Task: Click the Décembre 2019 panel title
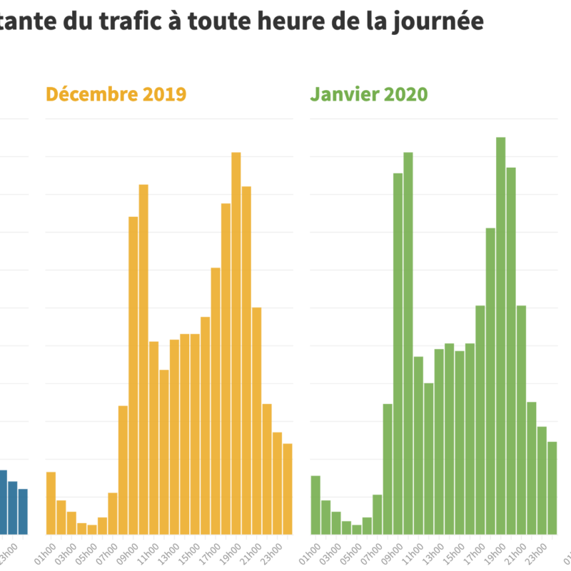coord(116,94)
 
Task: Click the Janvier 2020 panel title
coord(368,94)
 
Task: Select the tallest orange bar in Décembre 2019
coord(236,343)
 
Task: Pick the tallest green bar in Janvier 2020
coord(500,335)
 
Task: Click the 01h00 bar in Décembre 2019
coord(51,503)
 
